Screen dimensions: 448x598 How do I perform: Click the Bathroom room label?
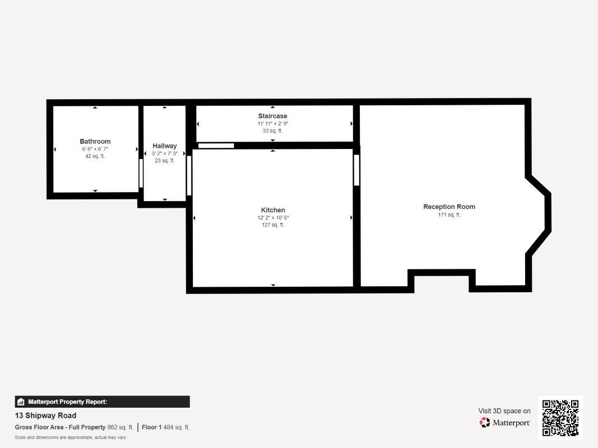pyautogui.click(x=95, y=142)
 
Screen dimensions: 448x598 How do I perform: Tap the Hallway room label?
pyautogui.click(x=164, y=146)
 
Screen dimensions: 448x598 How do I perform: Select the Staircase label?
pyautogui.click(x=272, y=116)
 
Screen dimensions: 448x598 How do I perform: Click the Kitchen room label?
pyautogui.click(x=272, y=210)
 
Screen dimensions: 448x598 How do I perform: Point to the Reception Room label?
pyautogui.click(x=449, y=207)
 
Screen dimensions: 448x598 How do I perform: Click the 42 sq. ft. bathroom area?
pyautogui.click(x=95, y=156)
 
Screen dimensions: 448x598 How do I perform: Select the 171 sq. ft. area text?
pyautogui.click(x=449, y=214)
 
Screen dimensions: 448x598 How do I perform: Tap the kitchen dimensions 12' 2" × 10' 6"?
pyautogui.click(x=272, y=217)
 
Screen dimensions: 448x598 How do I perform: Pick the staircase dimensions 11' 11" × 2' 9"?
pyautogui.click(x=272, y=123)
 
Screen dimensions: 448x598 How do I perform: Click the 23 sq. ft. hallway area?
pyautogui.click(x=164, y=161)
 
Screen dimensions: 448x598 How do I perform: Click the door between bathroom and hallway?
pyautogui.click(x=141, y=174)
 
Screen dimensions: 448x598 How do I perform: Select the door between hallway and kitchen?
pyautogui.click(x=189, y=175)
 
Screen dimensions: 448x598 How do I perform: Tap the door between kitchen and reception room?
pyautogui.click(x=356, y=170)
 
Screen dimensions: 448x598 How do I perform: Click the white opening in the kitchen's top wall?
pyautogui.click(x=216, y=146)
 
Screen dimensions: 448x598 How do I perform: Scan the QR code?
pyautogui.click(x=560, y=418)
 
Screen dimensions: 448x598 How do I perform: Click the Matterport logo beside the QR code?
pyautogui.click(x=505, y=423)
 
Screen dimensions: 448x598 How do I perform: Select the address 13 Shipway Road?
pyautogui.click(x=45, y=416)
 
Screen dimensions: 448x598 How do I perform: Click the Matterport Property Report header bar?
pyautogui.click(x=102, y=402)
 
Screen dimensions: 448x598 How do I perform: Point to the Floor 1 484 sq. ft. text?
pyautogui.click(x=165, y=427)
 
